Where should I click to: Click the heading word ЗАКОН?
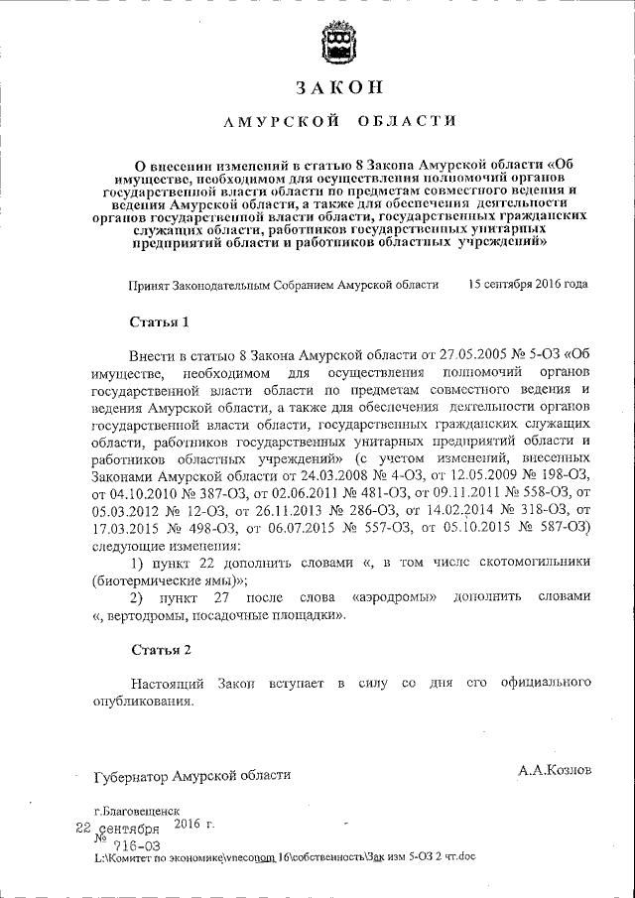[338, 86]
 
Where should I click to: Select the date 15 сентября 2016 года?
[527, 284]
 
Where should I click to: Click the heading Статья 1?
[159, 322]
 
